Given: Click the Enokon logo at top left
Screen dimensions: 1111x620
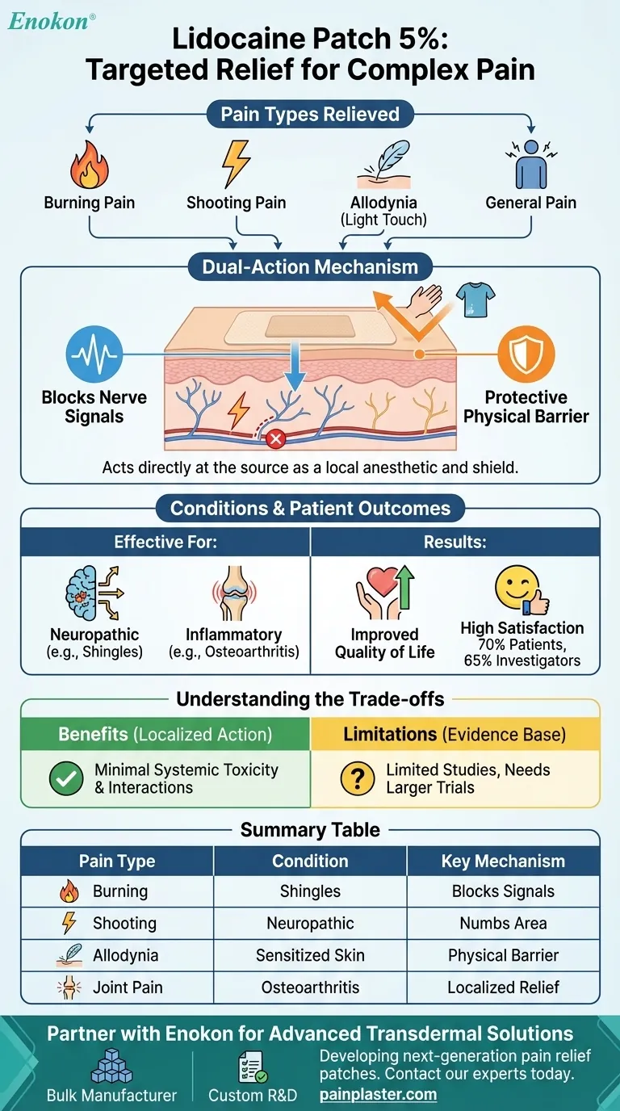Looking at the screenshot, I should point(50,22).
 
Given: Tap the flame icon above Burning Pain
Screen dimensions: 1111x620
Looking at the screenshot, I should point(89,165).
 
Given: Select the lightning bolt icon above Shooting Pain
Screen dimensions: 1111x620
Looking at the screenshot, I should point(237,163).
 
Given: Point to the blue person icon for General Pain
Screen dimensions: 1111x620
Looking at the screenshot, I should point(530,165).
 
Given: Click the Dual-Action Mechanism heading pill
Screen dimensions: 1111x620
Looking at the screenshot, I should point(310,266).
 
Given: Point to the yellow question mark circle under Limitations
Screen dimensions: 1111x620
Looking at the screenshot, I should point(357,778).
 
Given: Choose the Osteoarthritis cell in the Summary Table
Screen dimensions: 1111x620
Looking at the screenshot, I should point(310,987).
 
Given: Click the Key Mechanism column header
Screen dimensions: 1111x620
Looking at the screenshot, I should point(503,861).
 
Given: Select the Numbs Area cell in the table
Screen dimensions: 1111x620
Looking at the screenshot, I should point(503,923).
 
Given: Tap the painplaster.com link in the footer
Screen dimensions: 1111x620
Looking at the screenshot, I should point(378,1095).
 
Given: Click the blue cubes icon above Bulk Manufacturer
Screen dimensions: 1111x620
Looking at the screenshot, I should point(111,1066).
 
